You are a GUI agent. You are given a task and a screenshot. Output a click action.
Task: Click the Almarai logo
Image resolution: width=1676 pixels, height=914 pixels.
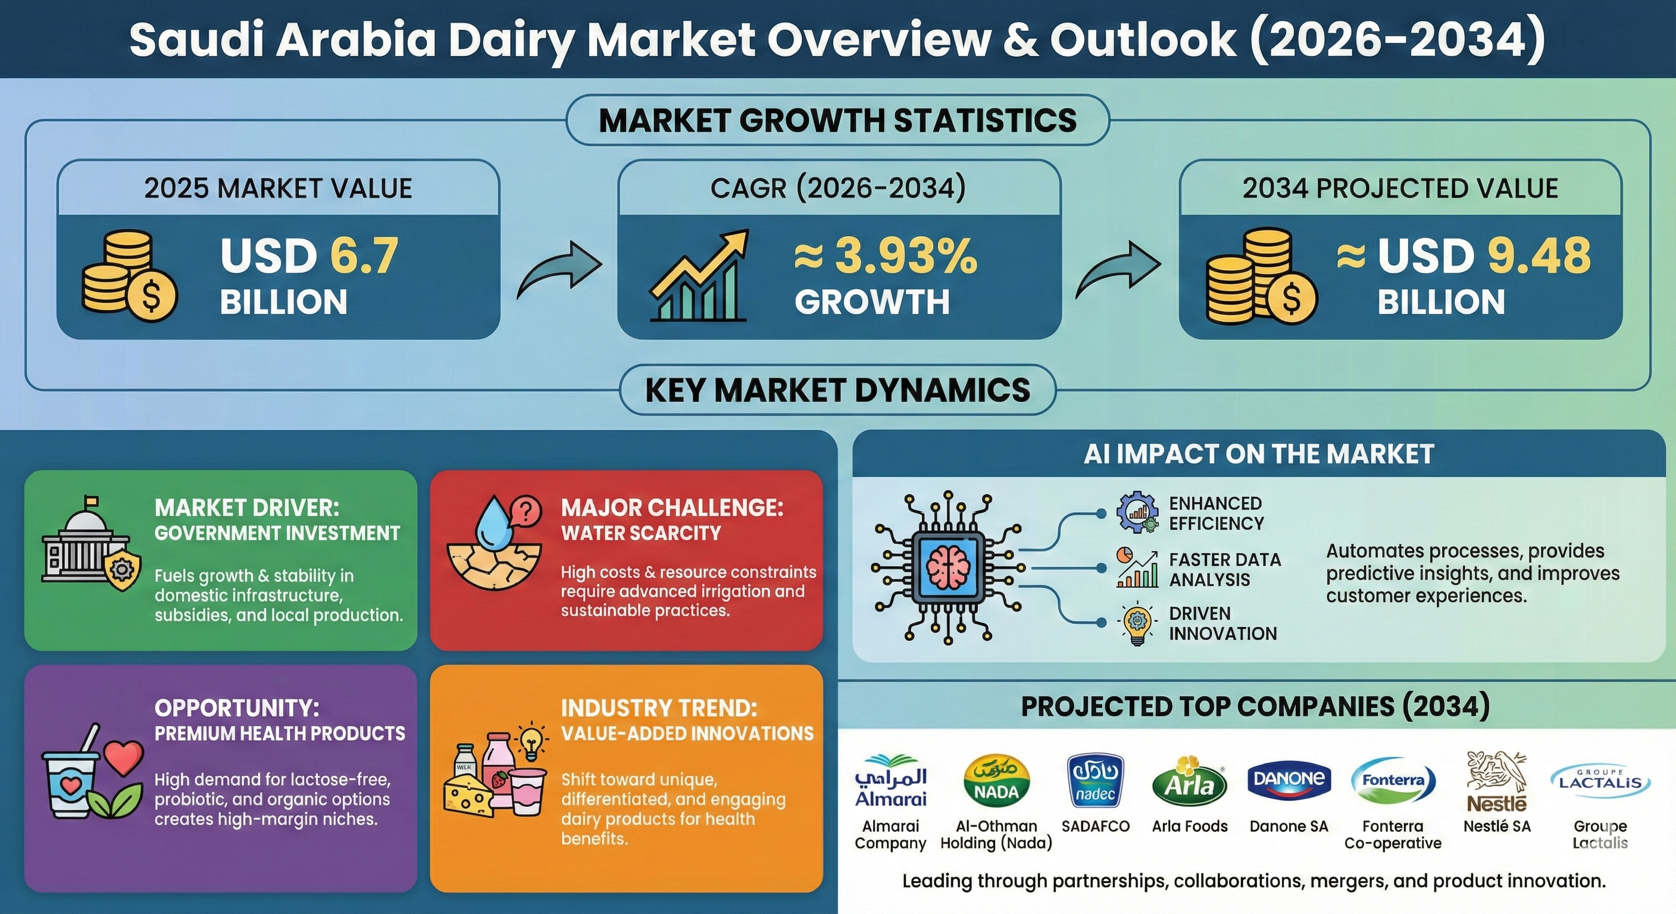click(x=891, y=781)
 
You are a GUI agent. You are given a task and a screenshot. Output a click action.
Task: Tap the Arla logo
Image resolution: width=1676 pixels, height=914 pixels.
click(x=1189, y=781)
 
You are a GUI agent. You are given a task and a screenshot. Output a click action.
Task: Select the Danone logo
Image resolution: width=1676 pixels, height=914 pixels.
click(x=1289, y=780)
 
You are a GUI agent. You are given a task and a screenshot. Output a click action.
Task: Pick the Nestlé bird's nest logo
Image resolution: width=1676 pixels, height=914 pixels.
click(x=1496, y=781)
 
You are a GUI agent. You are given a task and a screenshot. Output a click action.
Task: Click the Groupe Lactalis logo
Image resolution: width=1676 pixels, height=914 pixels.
click(x=1600, y=781)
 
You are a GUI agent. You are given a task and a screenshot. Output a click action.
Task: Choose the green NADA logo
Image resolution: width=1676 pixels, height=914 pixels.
click(x=996, y=781)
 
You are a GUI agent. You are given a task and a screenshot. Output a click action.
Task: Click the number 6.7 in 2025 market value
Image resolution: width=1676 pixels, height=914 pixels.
click(x=364, y=256)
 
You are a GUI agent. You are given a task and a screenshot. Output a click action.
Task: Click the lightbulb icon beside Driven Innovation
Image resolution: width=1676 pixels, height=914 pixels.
click(x=1137, y=623)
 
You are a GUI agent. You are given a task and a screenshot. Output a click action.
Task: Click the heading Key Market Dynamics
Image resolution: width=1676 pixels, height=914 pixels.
click(x=837, y=390)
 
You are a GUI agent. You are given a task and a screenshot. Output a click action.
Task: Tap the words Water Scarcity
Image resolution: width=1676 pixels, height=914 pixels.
click(x=641, y=533)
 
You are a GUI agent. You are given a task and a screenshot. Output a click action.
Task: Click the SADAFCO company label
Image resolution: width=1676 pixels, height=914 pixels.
click(x=1096, y=826)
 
